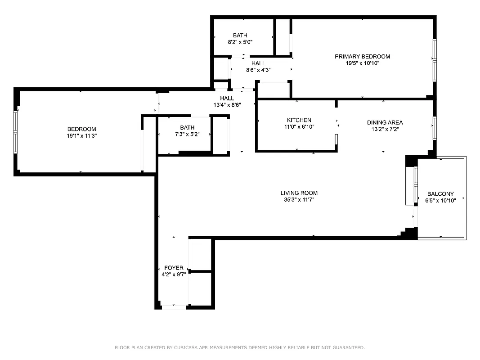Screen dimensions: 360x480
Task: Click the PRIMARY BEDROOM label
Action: pyautogui.click(x=362, y=56)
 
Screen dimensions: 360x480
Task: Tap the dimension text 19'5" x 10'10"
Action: pyautogui.click(x=362, y=63)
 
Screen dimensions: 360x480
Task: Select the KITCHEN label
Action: pyautogui.click(x=299, y=120)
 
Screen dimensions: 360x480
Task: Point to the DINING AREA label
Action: pyautogui.click(x=385, y=122)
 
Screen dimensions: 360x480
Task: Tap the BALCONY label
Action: pyautogui.click(x=440, y=194)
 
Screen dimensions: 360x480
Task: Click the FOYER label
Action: pyautogui.click(x=174, y=268)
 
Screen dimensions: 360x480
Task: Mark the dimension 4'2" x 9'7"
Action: pyautogui.click(x=174, y=274)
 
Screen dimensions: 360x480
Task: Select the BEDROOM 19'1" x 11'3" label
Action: pyautogui.click(x=81, y=129)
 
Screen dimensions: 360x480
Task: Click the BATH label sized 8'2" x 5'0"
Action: pyautogui.click(x=240, y=35)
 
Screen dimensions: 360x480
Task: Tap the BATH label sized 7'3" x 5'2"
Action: pyautogui.click(x=187, y=127)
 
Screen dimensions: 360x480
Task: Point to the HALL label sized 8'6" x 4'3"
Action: pyautogui.click(x=258, y=63)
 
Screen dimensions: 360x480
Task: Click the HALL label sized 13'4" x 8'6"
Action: pyautogui.click(x=227, y=98)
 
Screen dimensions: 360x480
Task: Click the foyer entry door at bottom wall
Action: pyautogui.click(x=174, y=307)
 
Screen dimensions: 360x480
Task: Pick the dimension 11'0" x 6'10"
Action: pyautogui.click(x=299, y=127)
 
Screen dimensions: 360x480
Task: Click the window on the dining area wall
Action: pyautogui.click(x=435, y=127)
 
